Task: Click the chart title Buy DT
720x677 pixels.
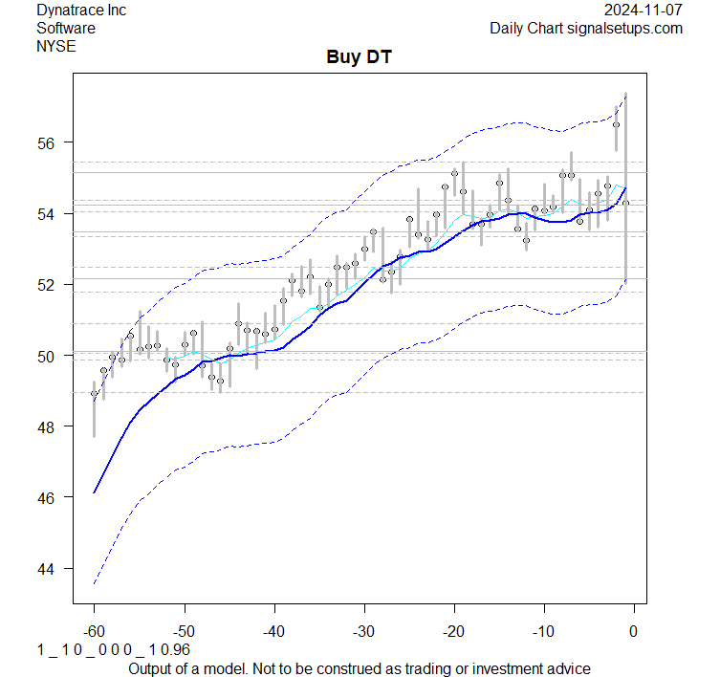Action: click(360, 57)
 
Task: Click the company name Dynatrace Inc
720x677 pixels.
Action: click(81, 11)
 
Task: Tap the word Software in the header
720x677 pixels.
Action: click(66, 28)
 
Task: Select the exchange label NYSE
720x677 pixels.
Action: click(56, 45)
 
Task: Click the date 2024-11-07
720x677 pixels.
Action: click(644, 11)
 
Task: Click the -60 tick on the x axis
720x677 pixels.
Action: click(94, 631)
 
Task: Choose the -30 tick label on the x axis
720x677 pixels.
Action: click(363, 631)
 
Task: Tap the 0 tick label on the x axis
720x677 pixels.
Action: click(633, 631)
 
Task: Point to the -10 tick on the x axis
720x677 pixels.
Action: click(543, 631)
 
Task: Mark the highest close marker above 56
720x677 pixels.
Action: click(617, 124)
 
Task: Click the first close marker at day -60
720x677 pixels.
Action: click(94, 393)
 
